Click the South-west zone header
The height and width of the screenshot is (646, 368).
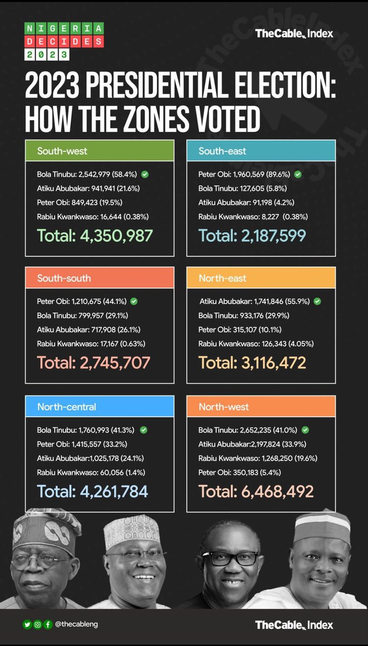(x=100, y=151)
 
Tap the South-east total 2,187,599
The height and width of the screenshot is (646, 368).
(x=252, y=235)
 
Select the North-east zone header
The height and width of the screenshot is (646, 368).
(x=261, y=278)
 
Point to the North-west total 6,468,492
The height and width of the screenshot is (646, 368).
(x=256, y=491)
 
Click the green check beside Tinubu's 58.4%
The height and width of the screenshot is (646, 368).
(x=145, y=174)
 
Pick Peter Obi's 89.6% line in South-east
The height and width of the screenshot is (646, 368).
(x=245, y=174)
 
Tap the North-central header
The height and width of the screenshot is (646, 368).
(x=100, y=406)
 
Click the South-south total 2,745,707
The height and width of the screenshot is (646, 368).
(x=94, y=362)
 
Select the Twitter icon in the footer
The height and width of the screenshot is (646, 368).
(x=27, y=624)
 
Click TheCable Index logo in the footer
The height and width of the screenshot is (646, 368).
(x=294, y=625)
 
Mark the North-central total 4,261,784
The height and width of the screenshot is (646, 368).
(x=92, y=491)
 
